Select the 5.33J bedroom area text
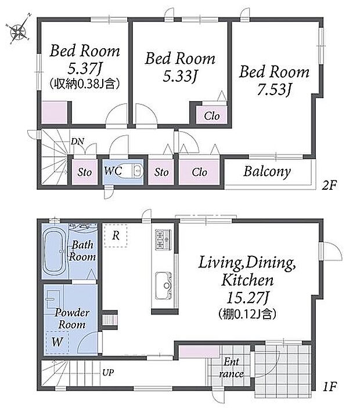click(180, 75)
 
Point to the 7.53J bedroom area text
click(274, 89)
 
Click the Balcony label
click(267, 171)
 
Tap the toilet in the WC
click(132, 171)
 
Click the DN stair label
click(78, 141)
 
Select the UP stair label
click(108, 373)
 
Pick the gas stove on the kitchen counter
click(163, 239)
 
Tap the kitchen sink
click(163, 286)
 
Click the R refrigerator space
click(116, 236)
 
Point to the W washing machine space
click(57, 342)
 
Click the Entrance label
click(232, 368)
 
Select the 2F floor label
click(329, 185)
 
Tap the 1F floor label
click(330, 387)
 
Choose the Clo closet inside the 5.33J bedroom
click(211, 116)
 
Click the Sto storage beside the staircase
click(85, 172)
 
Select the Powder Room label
click(72, 319)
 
